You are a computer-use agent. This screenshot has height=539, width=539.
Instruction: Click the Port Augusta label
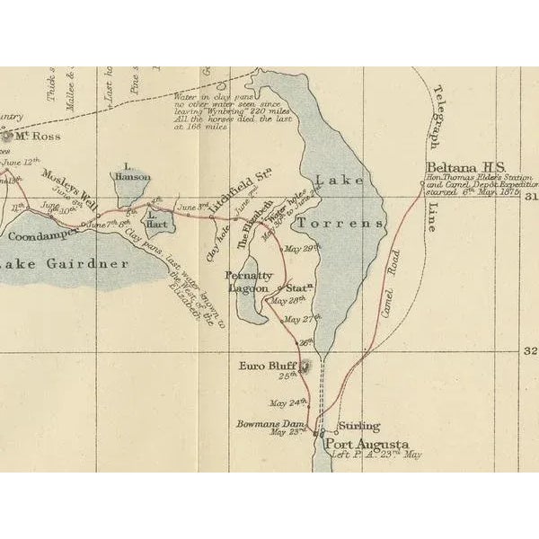tap(367, 445)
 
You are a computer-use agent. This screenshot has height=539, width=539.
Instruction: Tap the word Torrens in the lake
tap(340, 222)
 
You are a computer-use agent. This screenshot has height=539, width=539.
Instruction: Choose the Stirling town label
tap(358, 426)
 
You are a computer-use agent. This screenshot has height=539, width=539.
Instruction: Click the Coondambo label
tap(41, 236)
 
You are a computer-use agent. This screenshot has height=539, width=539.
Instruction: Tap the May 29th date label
tap(301, 249)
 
